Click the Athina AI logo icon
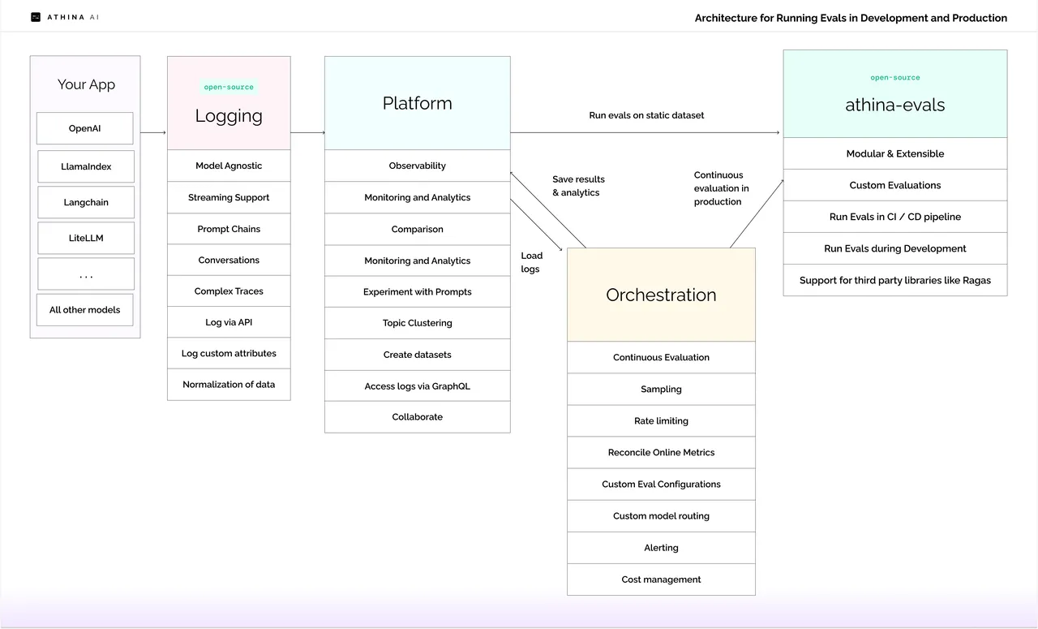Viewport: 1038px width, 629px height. point(36,17)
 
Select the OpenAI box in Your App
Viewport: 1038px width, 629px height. point(85,128)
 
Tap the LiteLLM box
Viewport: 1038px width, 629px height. point(86,238)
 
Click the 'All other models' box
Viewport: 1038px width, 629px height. point(85,310)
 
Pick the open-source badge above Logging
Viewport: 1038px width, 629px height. point(229,87)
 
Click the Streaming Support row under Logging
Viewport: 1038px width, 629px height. point(229,197)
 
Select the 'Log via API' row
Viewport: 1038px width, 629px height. point(229,322)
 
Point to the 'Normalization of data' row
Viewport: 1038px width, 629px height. point(229,385)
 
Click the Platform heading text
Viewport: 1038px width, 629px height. point(417,103)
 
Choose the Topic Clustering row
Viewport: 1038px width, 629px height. point(418,323)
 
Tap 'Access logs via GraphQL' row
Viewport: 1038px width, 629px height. point(418,386)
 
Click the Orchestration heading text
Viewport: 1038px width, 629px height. point(661,295)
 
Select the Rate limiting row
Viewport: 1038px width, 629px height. point(661,420)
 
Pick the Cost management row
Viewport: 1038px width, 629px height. point(661,579)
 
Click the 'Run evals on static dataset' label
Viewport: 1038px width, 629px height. point(646,115)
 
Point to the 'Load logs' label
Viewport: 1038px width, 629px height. point(531,262)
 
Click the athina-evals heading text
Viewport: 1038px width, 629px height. point(894,105)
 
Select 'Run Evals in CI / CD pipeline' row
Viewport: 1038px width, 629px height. point(895,217)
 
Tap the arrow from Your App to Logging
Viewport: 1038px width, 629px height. point(153,132)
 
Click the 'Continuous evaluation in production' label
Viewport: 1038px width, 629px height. point(721,188)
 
